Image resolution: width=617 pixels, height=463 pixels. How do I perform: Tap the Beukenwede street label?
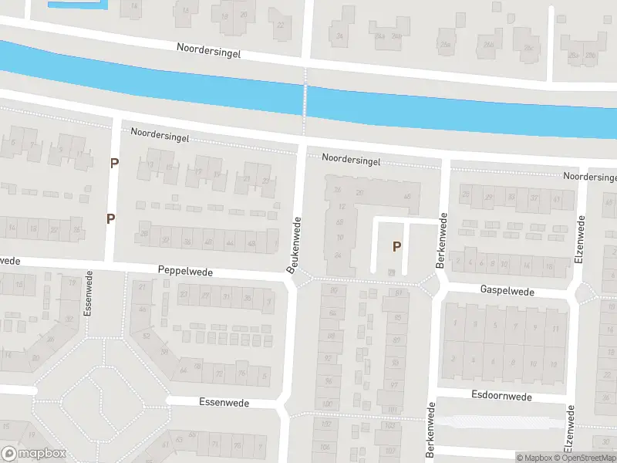(293, 245)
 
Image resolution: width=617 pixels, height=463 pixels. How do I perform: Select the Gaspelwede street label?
(507, 291)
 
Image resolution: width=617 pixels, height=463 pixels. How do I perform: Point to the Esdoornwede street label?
(501, 397)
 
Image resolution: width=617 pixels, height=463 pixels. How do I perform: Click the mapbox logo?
(34, 453)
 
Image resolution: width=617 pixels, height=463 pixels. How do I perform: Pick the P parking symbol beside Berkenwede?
(397, 247)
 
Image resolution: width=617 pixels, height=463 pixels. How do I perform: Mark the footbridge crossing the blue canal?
(305, 99)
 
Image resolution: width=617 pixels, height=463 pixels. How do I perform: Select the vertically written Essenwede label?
(89, 296)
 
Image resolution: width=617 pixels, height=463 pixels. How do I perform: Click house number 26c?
(528, 48)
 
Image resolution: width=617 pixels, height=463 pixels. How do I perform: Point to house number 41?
(557, 198)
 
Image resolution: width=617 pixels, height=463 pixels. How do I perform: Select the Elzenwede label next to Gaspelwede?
(579, 240)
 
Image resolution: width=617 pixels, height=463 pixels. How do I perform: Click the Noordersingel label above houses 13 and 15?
(160, 133)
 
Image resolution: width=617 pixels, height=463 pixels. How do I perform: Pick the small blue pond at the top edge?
(77, 4)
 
